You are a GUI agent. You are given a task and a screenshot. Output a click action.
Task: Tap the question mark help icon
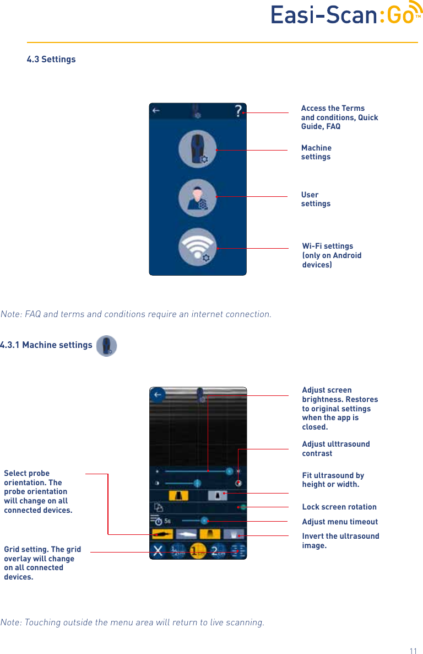[238, 111]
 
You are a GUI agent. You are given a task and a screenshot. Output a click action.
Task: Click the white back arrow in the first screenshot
[156, 111]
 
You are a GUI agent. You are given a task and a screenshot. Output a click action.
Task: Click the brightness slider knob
[229, 471]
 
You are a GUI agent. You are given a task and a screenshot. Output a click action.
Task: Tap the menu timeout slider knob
[204, 520]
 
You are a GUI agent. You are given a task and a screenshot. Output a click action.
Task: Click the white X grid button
[158, 551]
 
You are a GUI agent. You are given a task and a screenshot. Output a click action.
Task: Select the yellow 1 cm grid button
[197, 551]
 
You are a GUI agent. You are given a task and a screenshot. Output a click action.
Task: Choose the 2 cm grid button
[219, 551]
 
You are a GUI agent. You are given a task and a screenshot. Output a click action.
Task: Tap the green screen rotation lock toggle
[243, 506]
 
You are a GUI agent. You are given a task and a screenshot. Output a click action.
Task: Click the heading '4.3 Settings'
[51, 59]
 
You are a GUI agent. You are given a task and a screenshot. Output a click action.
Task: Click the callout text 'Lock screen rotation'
[339, 507]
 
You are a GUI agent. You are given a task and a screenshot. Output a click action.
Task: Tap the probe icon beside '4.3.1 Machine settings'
[106, 346]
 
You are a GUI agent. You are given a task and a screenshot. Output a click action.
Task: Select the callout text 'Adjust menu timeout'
[340, 522]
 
